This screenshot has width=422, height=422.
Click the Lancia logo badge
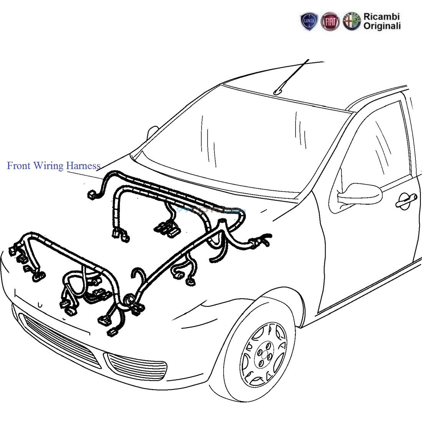[x=309, y=22]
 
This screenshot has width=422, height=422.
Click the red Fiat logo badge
[x=330, y=22]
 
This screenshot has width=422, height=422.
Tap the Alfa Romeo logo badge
[x=352, y=22]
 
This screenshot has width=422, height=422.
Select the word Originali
[x=382, y=26]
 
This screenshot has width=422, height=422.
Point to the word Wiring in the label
[x=48, y=166]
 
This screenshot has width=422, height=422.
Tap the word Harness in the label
[x=83, y=166]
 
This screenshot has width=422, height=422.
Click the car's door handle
[x=406, y=199]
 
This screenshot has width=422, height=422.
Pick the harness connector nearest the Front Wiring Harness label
[x=92, y=195]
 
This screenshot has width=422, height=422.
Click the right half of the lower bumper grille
[x=136, y=365]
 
